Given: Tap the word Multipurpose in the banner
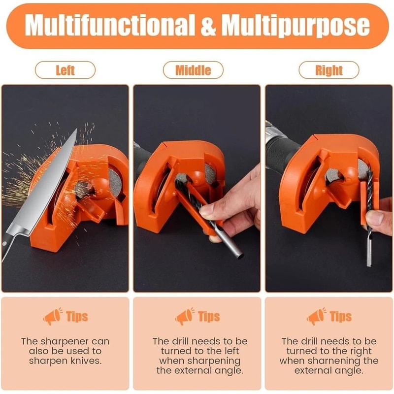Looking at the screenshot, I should (295, 26).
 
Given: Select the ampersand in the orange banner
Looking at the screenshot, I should (209, 26).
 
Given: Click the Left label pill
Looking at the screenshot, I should (65, 70).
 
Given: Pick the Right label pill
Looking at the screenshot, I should (328, 70).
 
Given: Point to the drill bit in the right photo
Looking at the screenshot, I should (368, 227).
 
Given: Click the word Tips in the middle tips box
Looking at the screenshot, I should (209, 317).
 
